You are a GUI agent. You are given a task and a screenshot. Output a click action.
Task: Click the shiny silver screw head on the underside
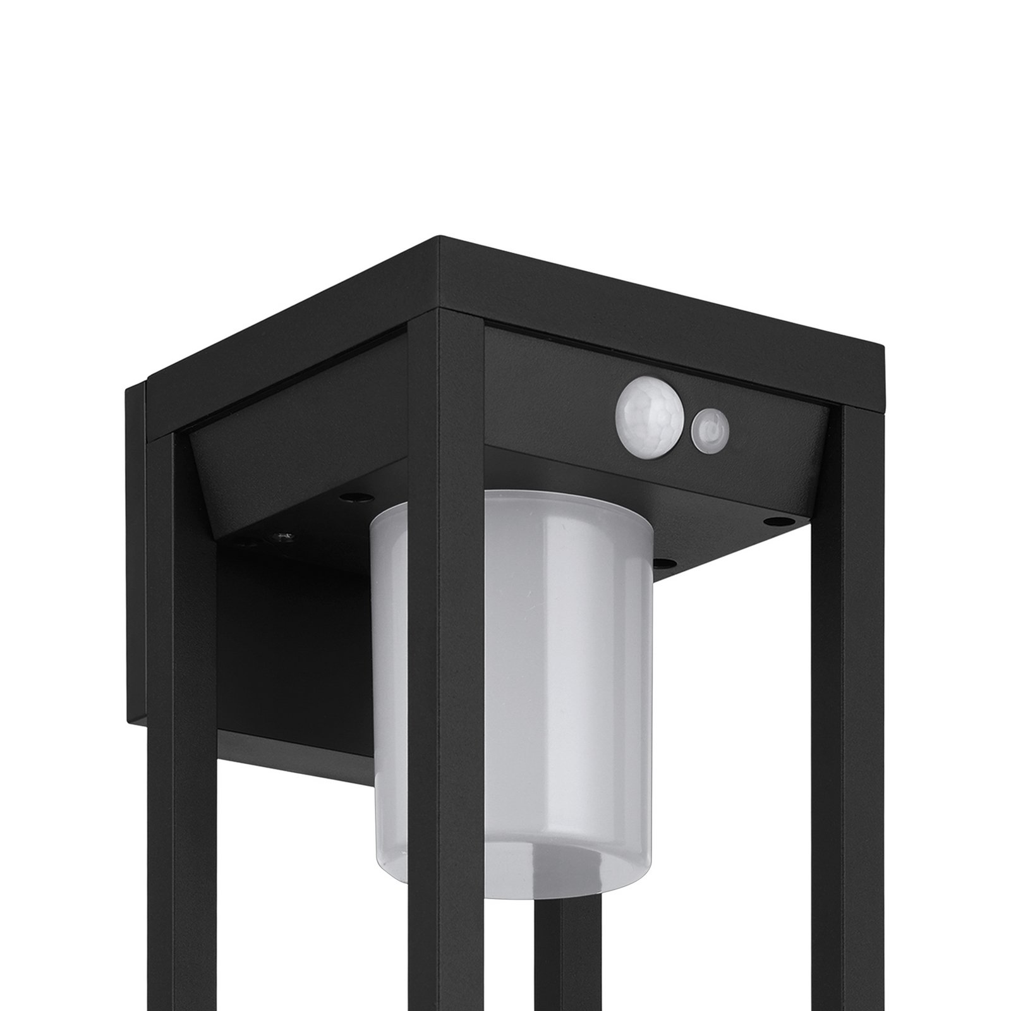[281, 538]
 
